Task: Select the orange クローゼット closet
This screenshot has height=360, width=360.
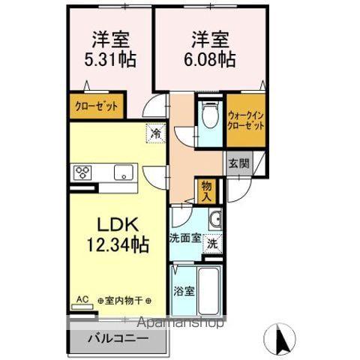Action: coord(95,106)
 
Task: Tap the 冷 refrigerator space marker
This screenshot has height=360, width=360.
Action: coord(155,133)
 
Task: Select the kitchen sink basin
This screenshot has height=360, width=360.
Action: coord(121,173)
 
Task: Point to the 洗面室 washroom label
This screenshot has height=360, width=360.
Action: coord(184,239)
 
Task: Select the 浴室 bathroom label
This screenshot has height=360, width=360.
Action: coord(184,290)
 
